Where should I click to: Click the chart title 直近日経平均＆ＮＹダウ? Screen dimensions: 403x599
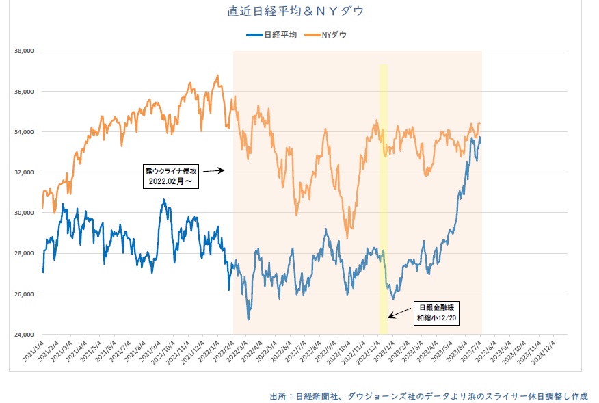coord(295,12)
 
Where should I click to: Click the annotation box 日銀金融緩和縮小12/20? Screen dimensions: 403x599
coord(437,313)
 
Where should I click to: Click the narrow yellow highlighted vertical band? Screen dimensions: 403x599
coord(384,171)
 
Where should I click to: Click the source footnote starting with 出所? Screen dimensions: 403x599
coord(429,396)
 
